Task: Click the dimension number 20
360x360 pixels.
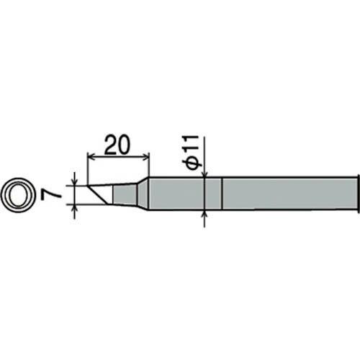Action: point(117,143)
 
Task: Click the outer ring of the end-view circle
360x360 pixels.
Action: point(6,194)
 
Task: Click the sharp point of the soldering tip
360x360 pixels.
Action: point(86,187)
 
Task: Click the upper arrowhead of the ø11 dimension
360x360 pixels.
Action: point(205,174)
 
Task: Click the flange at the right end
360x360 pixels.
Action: point(356,194)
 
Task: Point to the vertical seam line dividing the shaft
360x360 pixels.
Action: point(222,194)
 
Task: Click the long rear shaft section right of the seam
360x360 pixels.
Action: point(288,194)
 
